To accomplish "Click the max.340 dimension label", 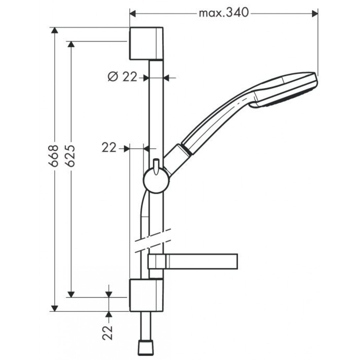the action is pyautogui.click(x=224, y=13).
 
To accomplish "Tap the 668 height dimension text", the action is pyautogui.click(x=54, y=156).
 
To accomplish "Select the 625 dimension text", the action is pyautogui.click(x=70, y=156).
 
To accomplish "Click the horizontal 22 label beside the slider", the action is pyautogui.click(x=109, y=148).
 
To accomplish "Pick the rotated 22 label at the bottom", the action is pyautogui.click(x=108, y=333).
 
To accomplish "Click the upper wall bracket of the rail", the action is pyautogui.click(x=147, y=43).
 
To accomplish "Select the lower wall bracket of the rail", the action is pyautogui.click(x=147, y=295).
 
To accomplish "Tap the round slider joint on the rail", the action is pyautogui.click(x=156, y=180).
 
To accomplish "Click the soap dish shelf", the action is pyautogui.click(x=193, y=261).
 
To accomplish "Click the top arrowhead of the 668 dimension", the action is pyautogui.click(x=54, y=30).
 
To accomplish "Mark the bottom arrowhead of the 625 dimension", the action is pyautogui.click(x=71, y=294).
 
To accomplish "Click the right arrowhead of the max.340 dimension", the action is pyautogui.click(x=315, y=14).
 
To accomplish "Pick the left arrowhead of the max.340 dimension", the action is pyautogui.click(x=133, y=14).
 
